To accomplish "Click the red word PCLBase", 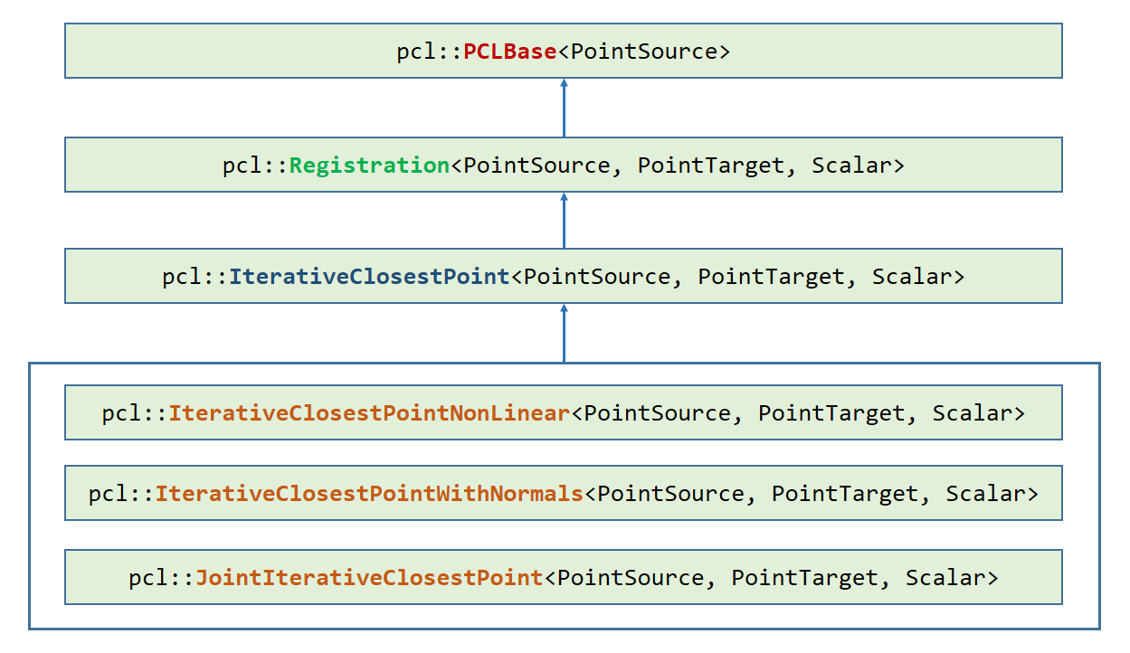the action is [x=510, y=52].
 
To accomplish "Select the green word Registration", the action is [x=369, y=166].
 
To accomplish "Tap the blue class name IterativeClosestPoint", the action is [x=369, y=277].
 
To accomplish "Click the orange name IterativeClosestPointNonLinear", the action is [x=369, y=413].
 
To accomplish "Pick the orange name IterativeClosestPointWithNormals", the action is [x=369, y=494].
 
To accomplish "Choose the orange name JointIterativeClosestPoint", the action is [x=369, y=578].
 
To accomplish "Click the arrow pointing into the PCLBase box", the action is [x=564, y=108].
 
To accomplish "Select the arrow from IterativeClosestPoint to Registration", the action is [x=564, y=221].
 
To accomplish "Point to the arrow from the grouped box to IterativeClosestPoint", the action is [x=564, y=334].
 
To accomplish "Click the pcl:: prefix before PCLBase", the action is [x=430, y=52].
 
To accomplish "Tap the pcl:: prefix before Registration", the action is [x=255, y=166].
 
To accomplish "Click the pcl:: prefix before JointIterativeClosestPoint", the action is [x=161, y=578].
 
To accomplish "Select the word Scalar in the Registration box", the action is [x=851, y=166].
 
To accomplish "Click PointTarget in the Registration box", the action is [x=711, y=166].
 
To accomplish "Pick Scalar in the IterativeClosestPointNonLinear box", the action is [x=972, y=413].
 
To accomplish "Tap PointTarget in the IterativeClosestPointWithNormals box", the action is [x=845, y=494].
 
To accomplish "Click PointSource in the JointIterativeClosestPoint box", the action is [x=631, y=578].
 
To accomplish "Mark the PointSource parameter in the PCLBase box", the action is [x=644, y=52].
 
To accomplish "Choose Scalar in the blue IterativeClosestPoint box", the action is [x=912, y=277].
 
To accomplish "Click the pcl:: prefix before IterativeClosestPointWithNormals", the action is [x=121, y=494].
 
